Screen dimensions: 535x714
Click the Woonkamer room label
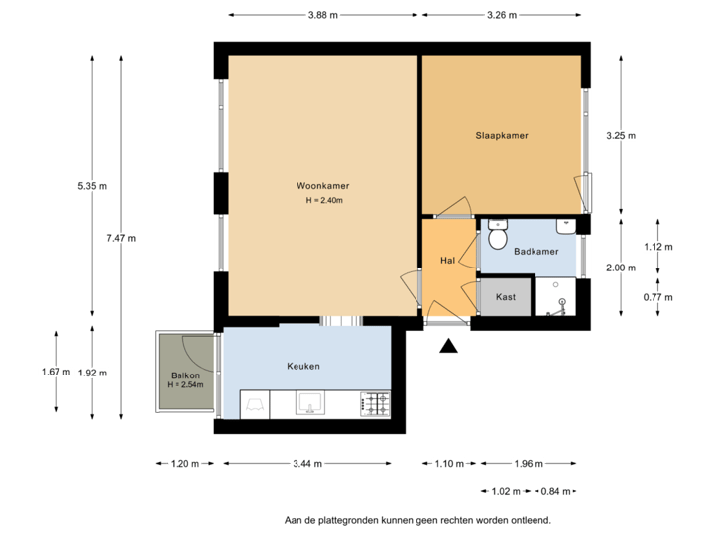point(322,185)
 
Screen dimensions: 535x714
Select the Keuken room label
point(303,366)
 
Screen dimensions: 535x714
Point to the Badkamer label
point(535,252)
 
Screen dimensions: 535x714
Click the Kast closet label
point(506,296)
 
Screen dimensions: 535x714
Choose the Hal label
point(447,261)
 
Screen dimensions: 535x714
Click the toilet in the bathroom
point(498,236)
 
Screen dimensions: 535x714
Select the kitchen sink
point(310,402)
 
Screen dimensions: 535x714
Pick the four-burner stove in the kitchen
point(375,403)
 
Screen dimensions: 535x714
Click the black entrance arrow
point(448,346)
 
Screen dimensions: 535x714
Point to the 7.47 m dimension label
point(120,238)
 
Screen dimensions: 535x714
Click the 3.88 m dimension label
point(323,15)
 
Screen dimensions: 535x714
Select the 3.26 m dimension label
point(502,15)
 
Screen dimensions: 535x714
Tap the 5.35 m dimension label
point(92,185)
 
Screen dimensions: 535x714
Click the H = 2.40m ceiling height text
point(323,201)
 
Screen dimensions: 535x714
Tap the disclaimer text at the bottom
point(417,519)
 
